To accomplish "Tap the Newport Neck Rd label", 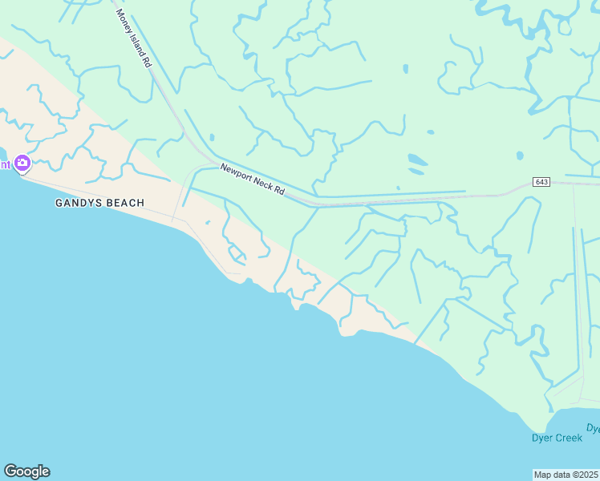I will point(253,180).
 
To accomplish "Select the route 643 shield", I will point(541,183).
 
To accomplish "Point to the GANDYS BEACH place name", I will point(99,203).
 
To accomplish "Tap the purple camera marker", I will point(22,164).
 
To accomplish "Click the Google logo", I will point(26,471).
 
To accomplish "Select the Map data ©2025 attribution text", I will point(566,474).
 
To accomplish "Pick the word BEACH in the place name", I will point(125,203).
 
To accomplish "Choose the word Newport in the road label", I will point(237,172).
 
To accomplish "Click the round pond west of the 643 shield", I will point(520,155).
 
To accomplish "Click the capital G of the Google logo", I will point(10,471).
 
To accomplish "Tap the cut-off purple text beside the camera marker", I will point(5,165).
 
